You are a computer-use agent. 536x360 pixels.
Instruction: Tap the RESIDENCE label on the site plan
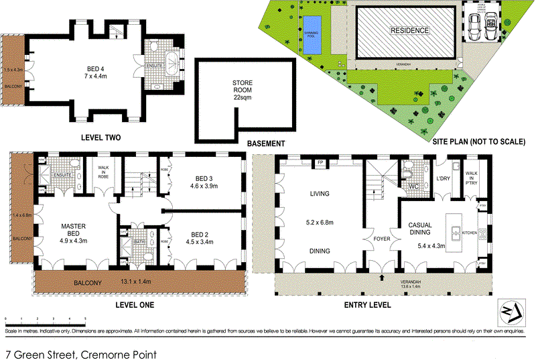coord(411,31)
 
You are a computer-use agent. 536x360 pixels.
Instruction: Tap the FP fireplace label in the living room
coord(320,163)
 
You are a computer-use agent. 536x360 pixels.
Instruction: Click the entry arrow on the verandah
coord(382,276)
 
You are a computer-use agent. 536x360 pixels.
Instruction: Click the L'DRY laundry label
coord(443,178)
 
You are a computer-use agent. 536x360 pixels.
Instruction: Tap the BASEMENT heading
coord(267,143)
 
